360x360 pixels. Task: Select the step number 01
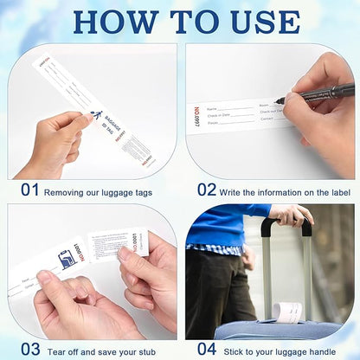tap(29, 188)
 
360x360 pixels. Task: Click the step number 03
tap(29, 349)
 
